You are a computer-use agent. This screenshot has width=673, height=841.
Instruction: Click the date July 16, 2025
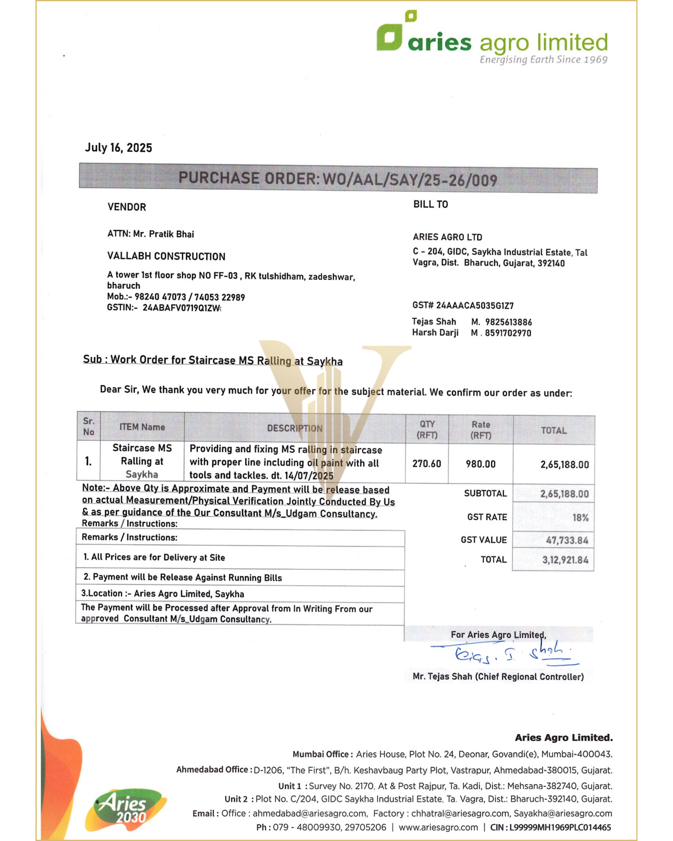(118, 148)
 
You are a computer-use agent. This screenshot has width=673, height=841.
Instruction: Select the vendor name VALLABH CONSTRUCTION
(166, 256)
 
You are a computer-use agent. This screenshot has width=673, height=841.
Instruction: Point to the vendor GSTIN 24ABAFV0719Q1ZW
(181, 308)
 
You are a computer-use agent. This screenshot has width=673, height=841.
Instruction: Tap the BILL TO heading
(430, 204)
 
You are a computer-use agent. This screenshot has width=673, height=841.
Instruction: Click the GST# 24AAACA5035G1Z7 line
(463, 305)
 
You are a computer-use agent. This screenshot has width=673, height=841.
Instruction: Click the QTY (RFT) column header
(427, 429)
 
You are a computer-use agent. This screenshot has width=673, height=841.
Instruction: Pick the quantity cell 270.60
(427, 464)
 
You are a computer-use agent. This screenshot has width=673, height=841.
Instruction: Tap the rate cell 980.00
(480, 464)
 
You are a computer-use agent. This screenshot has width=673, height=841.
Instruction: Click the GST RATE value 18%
(580, 518)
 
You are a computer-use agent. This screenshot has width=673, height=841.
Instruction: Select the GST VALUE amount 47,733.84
(567, 540)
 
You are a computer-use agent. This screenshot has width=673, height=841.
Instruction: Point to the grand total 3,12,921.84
(565, 560)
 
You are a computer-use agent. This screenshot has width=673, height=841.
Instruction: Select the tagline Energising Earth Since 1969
(543, 60)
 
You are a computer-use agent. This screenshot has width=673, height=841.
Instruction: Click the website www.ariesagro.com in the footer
(438, 827)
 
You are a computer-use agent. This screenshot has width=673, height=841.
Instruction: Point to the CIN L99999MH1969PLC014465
(559, 827)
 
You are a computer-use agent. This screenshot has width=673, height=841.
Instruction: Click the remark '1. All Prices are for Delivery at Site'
(154, 557)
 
